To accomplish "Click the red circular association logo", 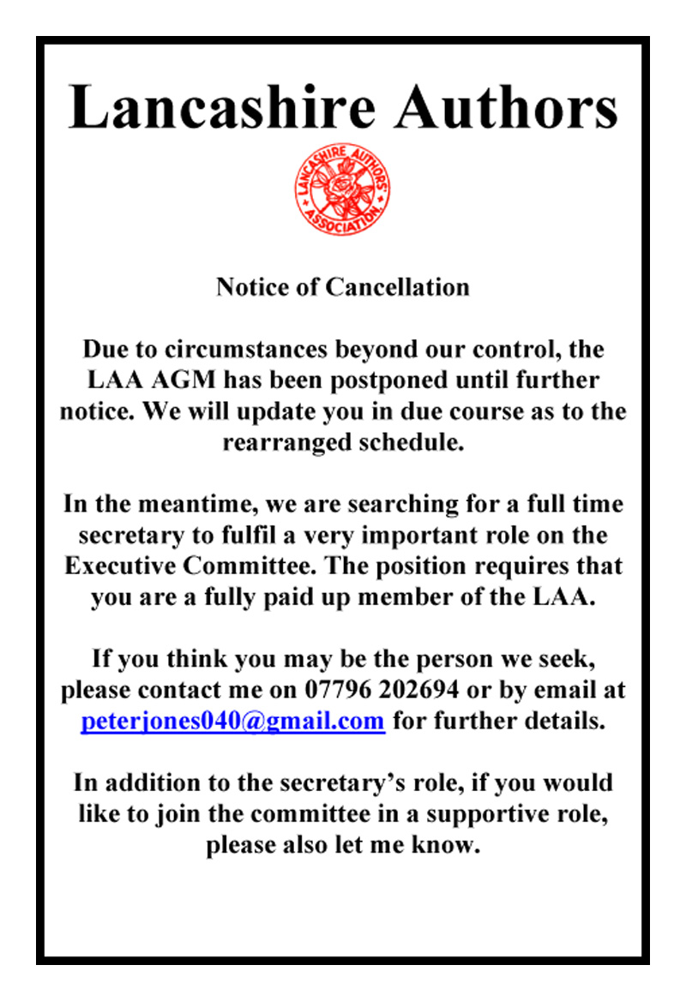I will click(x=342, y=189).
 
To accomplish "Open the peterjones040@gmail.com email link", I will click(x=232, y=721).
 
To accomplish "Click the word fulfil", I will click(x=234, y=536).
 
